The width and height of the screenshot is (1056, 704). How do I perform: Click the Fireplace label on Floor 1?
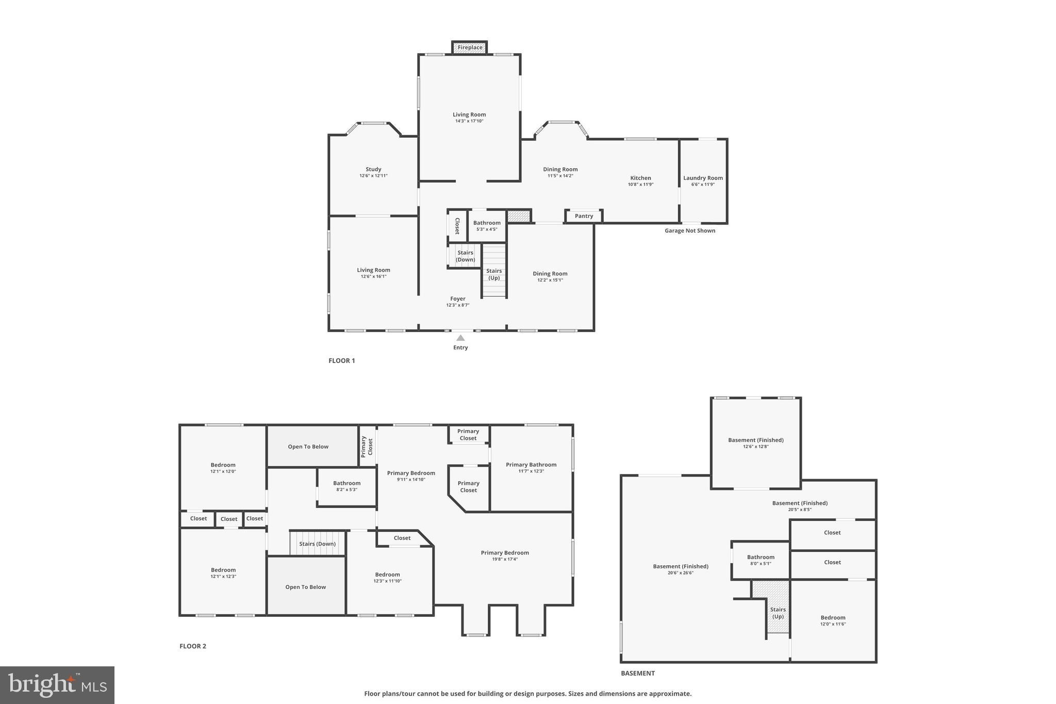point(470,47)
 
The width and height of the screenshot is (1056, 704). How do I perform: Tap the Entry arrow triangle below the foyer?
point(460,338)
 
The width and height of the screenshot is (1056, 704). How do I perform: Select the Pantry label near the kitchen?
point(584,216)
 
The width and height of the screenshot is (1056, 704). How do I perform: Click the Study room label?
point(373,169)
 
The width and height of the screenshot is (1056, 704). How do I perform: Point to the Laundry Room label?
point(703,178)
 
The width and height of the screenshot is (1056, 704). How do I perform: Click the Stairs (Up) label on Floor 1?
point(494,274)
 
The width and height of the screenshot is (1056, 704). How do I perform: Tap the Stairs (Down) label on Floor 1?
point(465,256)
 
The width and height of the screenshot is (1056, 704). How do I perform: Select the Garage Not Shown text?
point(689,231)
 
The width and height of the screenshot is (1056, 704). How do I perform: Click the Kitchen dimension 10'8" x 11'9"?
point(640,184)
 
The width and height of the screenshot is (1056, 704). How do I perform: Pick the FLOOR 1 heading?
point(341,361)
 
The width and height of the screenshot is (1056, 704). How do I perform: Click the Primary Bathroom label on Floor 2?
point(531,465)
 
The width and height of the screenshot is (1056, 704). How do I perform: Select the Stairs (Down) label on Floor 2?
point(317,544)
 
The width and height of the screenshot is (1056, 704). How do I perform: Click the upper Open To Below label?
point(308,447)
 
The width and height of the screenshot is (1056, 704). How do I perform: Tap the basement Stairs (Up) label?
point(778,613)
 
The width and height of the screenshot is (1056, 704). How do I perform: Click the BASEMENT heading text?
point(637,673)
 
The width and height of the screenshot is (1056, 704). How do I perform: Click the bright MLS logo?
point(57,685)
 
